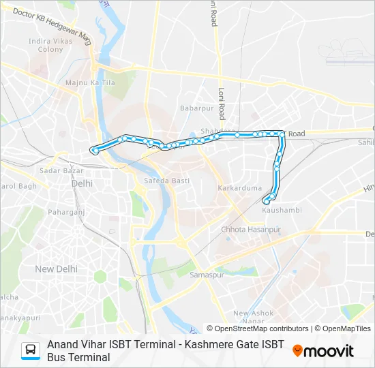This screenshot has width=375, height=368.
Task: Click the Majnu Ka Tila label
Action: [89, 83]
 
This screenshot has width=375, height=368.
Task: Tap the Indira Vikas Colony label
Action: [50, 45]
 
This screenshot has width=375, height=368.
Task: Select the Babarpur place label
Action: [193, 108]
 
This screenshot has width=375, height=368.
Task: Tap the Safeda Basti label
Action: [166, 181]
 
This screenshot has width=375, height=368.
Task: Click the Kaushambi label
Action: [282, 210]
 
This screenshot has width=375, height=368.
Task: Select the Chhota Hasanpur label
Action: [251, 230]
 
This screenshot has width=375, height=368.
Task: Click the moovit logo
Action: [323, 351]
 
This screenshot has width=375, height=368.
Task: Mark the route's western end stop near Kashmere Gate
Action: [94, 151]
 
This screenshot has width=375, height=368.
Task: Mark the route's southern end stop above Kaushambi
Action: [266, 200]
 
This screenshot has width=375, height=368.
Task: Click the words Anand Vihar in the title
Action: [76, 345]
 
